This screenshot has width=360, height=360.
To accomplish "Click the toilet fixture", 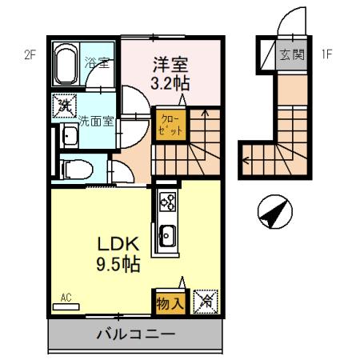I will click(75, 169).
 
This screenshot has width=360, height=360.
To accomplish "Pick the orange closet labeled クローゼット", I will click(168, 125).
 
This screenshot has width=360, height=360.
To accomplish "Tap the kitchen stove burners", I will click(167, 205).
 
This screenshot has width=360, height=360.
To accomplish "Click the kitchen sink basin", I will click(168, 237).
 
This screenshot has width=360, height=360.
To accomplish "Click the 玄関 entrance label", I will click(291, 55).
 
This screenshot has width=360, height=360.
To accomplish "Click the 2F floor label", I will click(30, 55).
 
